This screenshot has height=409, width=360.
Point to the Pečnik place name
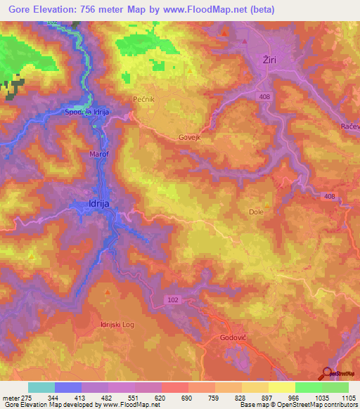click(143, 100)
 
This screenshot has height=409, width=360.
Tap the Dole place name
click(257, 211)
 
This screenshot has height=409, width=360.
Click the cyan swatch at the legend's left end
click(41, 387)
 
